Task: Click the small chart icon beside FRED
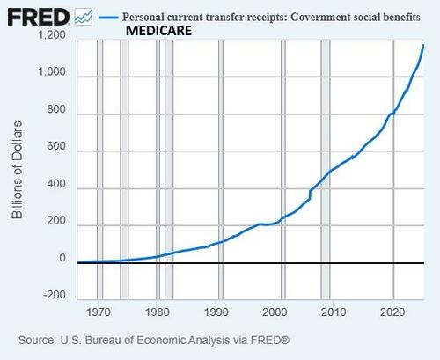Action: coord(84,16)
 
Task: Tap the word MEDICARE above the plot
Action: coord(159,31)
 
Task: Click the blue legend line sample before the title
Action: coord(109,17)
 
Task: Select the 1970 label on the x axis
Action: coord(99,312)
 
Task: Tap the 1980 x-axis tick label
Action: coord(158,312)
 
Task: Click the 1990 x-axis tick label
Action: coord(216,312)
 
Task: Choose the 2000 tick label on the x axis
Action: coord(275,312)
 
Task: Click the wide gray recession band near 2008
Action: coord(325,167)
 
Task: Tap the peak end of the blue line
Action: coord(424,44)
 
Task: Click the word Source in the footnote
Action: coord(36,339)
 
